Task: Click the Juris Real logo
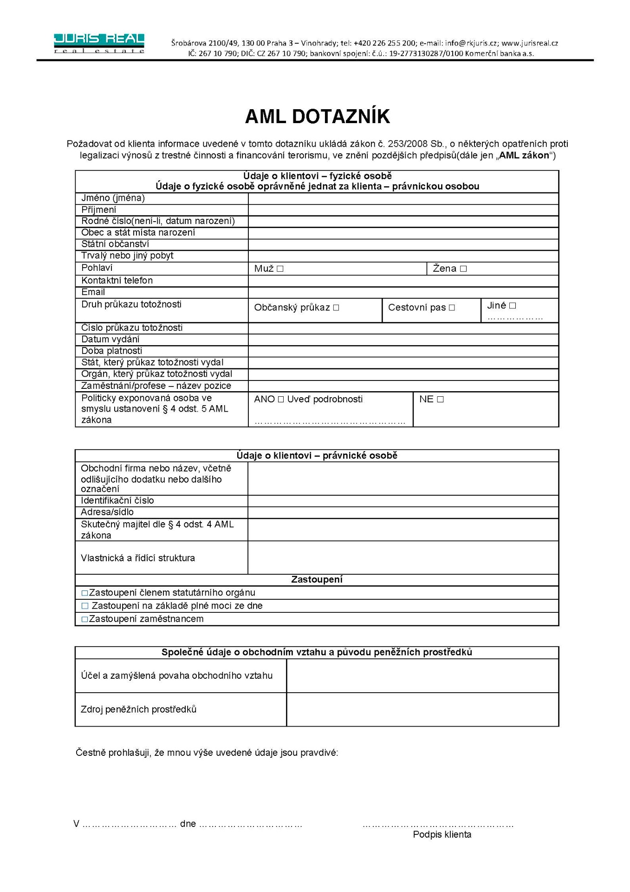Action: (99, 43)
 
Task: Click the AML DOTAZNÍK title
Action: (317, 117)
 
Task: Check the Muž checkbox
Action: (280, 269)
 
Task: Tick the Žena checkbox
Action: (463, 269)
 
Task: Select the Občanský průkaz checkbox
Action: (336, 308)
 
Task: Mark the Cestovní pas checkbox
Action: (452, 308)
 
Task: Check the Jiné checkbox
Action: (513, 306)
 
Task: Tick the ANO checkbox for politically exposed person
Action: (280, 400)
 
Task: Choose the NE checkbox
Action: (440, 400)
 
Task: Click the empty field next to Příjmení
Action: (403, 210)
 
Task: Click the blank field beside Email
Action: (403, 292)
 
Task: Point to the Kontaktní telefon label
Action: (117, 281)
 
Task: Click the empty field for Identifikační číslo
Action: (403, 501)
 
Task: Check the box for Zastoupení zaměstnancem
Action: (84, 619)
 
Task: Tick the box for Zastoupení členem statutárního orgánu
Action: (84, 593)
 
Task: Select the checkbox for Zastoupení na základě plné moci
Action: (84, 606)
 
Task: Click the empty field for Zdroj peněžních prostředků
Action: (422, 709)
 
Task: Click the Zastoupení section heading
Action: (317, 580)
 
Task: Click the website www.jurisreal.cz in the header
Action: (529, 43)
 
